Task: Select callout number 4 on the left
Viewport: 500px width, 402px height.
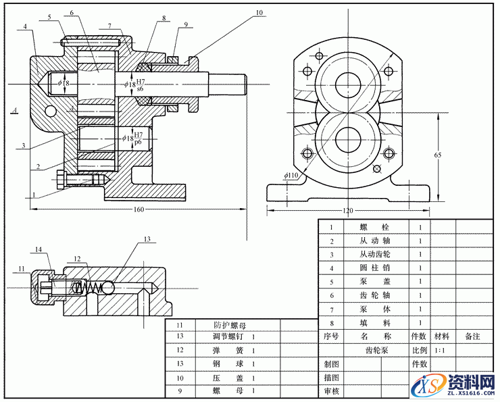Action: pyautogui.click(x=24, y=27)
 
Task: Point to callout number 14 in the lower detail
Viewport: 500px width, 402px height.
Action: pyautogui.click(x=39, y=250)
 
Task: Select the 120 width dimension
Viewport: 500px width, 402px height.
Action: pyautogui.click(x=348, y=211)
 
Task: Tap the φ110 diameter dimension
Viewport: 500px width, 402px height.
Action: pyautogui.click(x=291, y=176)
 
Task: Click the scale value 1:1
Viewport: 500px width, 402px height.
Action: pyautogui.click(x=441, y=351)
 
